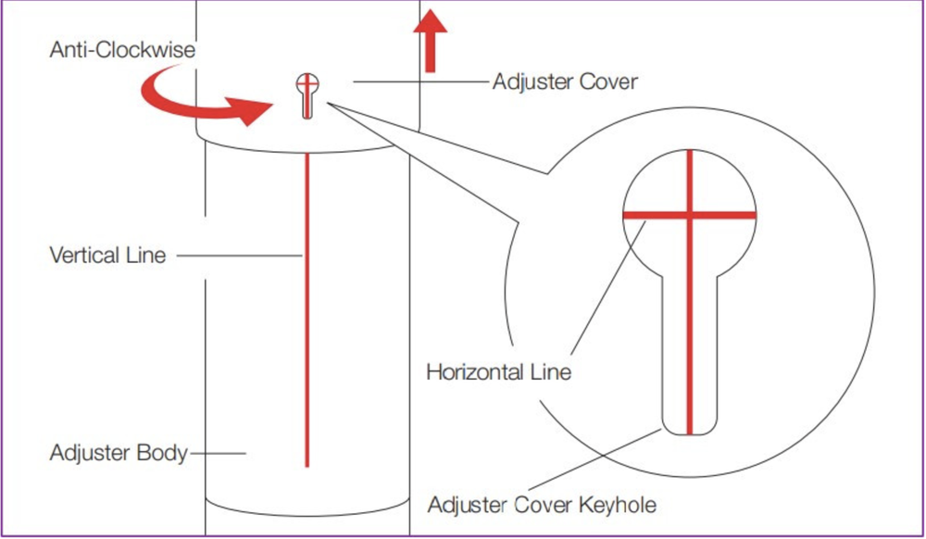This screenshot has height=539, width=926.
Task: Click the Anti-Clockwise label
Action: pyautogui.click(x=122, y=50)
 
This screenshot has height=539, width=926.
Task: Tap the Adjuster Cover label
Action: pyautogui.click(x=565, y=81)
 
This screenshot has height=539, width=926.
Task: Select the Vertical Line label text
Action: pyautogui.click(x=107, y=255)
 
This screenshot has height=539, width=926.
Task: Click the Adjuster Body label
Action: pyautogui.click(x=119, y=454)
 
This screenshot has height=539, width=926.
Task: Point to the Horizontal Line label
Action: pyautogui.click(x=498, y=372)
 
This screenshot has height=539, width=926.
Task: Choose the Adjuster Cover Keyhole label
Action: pyautogui.click(x=542, y=505)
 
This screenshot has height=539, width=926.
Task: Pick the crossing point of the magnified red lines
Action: pyautogui.click(x=690, y=215)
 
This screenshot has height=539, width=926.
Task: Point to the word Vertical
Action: pyautogui.click(x=82, y=255)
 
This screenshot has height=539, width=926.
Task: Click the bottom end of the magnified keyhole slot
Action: pyautogui.click(x=690, y=431)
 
